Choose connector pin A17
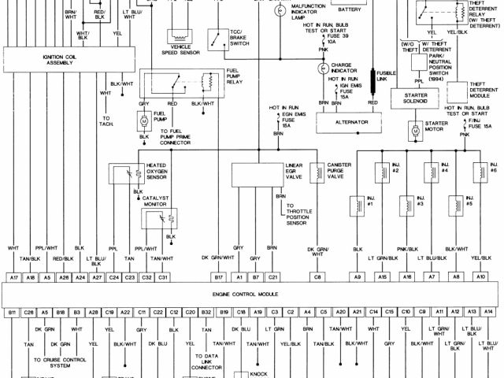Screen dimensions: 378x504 [x=13, y=277]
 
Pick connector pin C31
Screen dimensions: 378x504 [x=163, y=277]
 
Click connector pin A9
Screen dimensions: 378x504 [x=358, y=277]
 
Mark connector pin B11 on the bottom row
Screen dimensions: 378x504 [x=13, y=313]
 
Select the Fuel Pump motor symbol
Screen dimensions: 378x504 [x=144, y=120]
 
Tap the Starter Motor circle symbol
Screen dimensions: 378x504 [x=413, y=128]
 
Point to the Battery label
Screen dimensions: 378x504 [x=349, y=10]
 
